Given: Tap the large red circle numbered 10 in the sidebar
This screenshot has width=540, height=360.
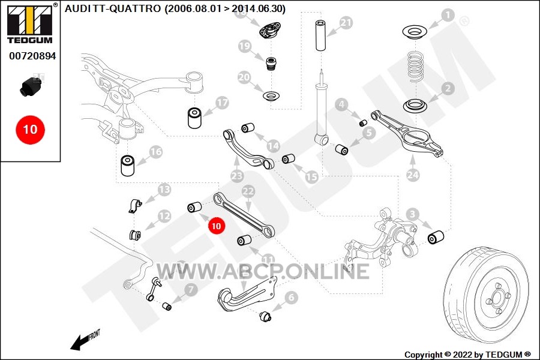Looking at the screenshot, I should click(30, 128).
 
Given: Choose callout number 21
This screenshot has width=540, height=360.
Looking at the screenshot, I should click(346, 23).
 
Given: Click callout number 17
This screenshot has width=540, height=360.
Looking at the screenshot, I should click(222, 103).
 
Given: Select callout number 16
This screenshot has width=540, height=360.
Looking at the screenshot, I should click(155, 152).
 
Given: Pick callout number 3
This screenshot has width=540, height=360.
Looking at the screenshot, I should click(412, 214).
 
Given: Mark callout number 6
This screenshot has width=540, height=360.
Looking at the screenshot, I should click(292, 297).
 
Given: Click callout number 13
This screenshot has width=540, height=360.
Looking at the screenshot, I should click(164, 191).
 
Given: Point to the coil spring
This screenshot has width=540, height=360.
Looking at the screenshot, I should click(416, 67).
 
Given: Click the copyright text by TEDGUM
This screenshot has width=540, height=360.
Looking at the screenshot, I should click(467, 355).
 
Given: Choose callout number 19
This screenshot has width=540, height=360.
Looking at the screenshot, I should click(244, 46).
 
